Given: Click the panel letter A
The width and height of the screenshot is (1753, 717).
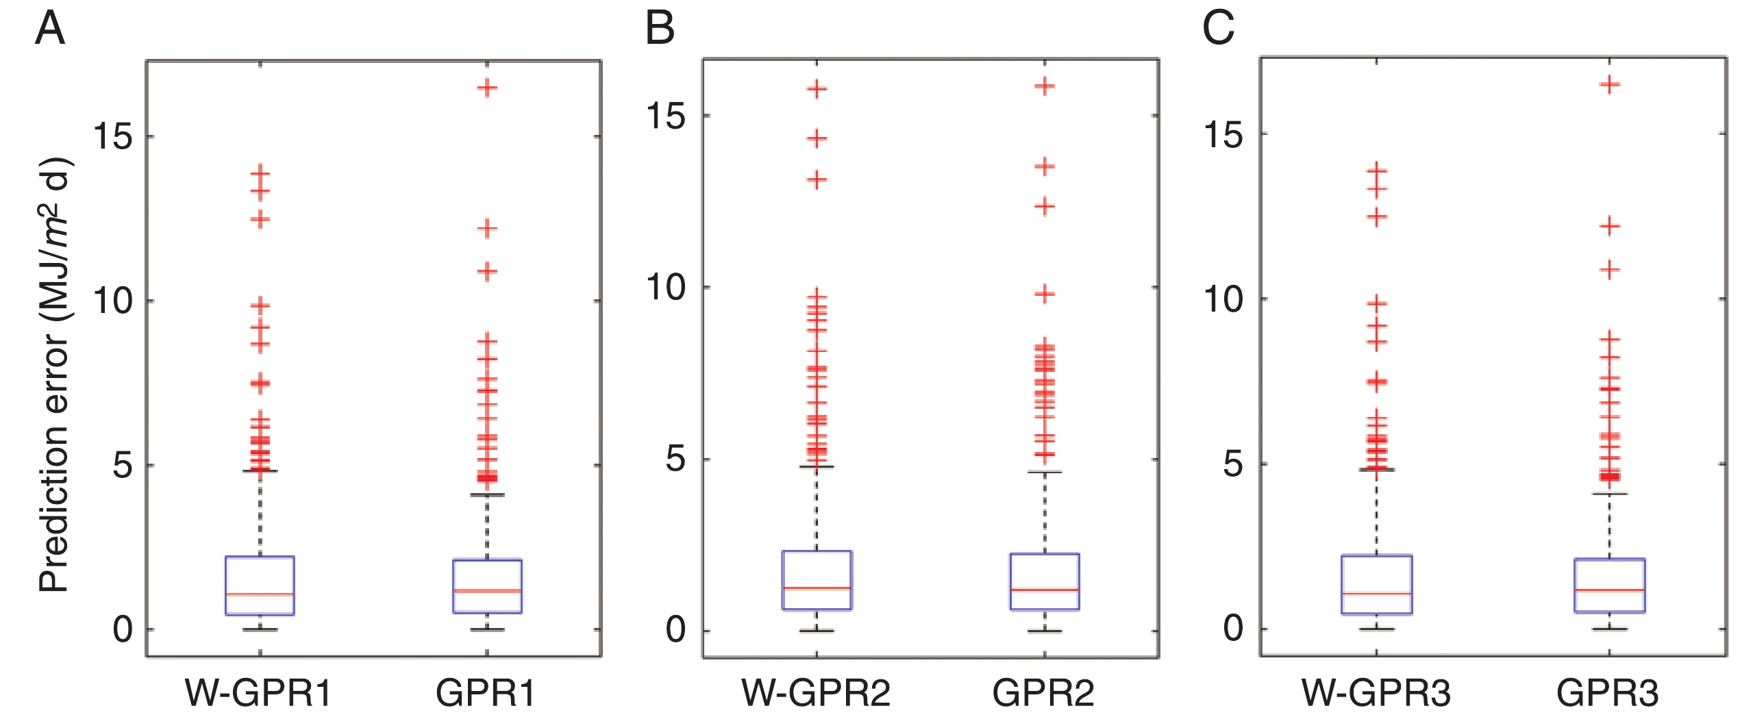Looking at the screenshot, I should click(50, 29).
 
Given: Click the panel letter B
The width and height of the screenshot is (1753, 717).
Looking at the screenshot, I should click(660, 29).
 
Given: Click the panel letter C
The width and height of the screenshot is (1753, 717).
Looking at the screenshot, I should click(1219, 29).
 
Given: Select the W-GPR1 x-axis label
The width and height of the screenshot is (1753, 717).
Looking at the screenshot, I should click(258, 693).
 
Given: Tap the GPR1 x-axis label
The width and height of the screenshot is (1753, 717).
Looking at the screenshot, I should click(486, 693).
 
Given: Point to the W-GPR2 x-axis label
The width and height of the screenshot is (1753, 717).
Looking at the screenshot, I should click(816, 693).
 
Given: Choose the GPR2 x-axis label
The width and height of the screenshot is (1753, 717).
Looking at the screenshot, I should click(1043, 693).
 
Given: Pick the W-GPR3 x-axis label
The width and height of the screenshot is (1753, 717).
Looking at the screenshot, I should click(1376, 693).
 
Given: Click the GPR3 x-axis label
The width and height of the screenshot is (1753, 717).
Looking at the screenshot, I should click(1607, 693).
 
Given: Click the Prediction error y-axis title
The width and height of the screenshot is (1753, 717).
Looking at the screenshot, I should click(55, 375).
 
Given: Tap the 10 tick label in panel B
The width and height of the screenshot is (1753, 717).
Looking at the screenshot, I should click(665, 287).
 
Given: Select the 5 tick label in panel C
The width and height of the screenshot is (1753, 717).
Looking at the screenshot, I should click(1232, 464).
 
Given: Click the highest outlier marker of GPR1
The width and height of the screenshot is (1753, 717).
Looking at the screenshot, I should click(487, 88).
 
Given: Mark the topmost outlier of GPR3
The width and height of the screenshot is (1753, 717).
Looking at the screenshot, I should click(1608, 85).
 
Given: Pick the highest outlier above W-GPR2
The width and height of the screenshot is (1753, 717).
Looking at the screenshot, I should click(817, 89).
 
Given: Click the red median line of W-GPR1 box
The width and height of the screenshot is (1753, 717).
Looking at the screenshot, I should click(260, 594).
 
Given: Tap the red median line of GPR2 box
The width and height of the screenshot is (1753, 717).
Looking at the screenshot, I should click(1045, 589).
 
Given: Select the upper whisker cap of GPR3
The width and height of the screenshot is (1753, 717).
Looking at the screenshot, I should click(1608, 493).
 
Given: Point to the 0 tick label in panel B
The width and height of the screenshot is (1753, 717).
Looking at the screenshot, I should click(675, 630).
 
